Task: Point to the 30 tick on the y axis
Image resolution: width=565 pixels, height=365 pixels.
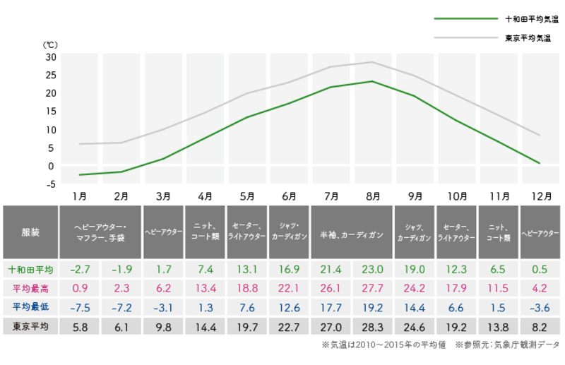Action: click(x=50, y=56)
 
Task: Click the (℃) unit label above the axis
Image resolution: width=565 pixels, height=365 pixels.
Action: click(x=50, y=44)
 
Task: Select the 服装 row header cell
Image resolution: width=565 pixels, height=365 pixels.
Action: click(x=31, y=232)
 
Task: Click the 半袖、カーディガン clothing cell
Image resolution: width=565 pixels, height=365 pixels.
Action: click(x=352, y=232)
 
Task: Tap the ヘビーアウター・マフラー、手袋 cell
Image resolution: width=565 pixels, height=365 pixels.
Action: click(x=100, y=232)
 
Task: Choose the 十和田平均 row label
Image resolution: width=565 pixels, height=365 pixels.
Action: click(x=31, y=270)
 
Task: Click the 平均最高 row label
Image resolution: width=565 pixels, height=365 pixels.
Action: click(x=31, y=289)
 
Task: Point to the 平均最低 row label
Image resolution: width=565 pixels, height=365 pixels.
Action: click(x=31, y=307)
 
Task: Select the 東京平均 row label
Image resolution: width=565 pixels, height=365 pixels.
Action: click(x=31, y=326)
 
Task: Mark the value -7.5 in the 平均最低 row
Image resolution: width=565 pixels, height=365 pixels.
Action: click(x=80, y=307)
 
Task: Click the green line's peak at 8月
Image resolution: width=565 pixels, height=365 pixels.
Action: click(x=372, y=81)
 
